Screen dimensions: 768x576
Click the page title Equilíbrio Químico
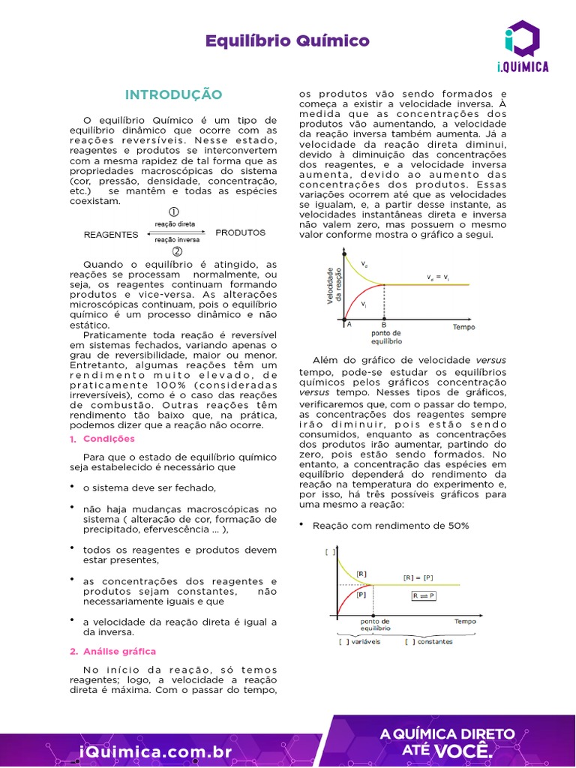(287, 40)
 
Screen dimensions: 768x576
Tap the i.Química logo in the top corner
(522, 46)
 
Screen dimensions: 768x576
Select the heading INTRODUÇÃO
(173, 94)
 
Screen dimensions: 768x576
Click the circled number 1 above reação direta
(174, 212)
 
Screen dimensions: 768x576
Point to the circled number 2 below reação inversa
(177, 250)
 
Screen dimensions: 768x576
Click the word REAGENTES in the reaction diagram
(111, 234)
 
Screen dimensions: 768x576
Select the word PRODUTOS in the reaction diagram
(240, 232)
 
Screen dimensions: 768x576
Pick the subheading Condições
(109, 439)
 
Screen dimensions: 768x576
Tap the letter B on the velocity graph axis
(384, 325)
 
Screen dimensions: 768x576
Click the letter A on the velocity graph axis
(348, 324)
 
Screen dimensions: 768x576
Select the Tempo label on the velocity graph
(463, 327)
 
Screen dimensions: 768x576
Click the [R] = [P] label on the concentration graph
(418, 577)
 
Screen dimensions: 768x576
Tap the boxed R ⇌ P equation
(423, 595)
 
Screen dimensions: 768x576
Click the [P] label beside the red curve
(361, 594)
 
